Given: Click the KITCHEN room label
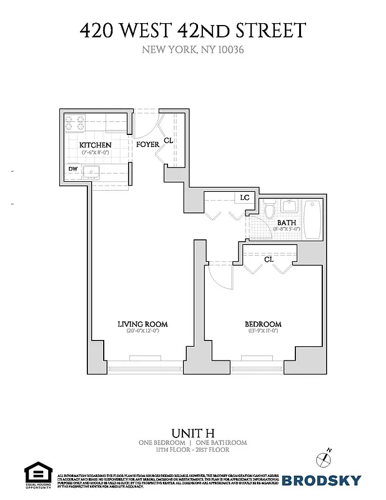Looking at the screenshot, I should (x=96, y=145).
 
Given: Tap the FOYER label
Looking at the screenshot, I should (x=148, y=145).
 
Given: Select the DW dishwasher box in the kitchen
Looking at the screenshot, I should (x=74, y=169).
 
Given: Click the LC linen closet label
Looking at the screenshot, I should (x=244, y=197).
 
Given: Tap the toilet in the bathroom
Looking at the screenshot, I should (x=269, y=212).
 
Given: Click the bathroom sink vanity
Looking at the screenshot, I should (x=290, y=206).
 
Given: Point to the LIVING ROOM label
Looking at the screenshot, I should (x=143, y=324).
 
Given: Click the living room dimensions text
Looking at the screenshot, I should (x=143, y=331).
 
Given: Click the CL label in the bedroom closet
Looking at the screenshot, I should (x=269, y=259).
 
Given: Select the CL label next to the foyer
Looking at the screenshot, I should (x=168, y=141).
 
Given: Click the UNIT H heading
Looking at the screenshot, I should (x=192, y=432).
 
